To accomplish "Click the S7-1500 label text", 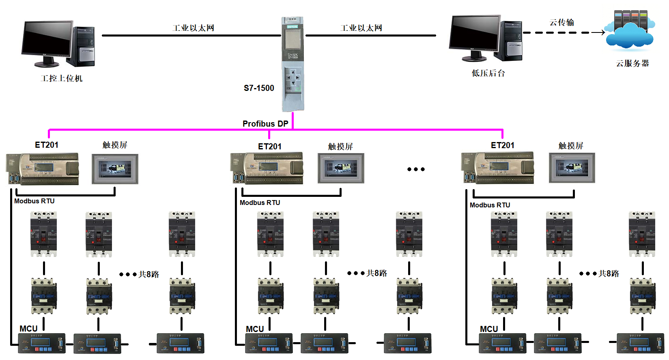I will [x=259, y=88].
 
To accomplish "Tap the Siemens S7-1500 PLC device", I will [x=293, y=64].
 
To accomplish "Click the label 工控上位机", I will [x=62, y=78].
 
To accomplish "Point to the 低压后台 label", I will [x=488, y=73].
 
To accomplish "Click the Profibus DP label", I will [x=265, y=124].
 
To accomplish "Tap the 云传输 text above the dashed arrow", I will [x=562, y=23].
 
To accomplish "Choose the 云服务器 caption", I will [x=632, y=63].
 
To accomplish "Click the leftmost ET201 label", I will [x=47, y=145].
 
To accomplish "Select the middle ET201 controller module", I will [x=267, y=168].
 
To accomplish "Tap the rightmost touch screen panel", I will [x=572, y=168].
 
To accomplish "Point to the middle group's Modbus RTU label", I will [x=260, y=203].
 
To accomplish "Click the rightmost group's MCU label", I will [x=489, y=329].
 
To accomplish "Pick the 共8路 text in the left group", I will [x=149, y=274].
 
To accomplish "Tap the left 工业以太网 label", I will [x=193, y=28].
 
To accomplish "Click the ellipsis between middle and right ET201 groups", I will [x=416, y=169].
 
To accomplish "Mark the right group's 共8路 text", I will [x=609, y=274].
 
